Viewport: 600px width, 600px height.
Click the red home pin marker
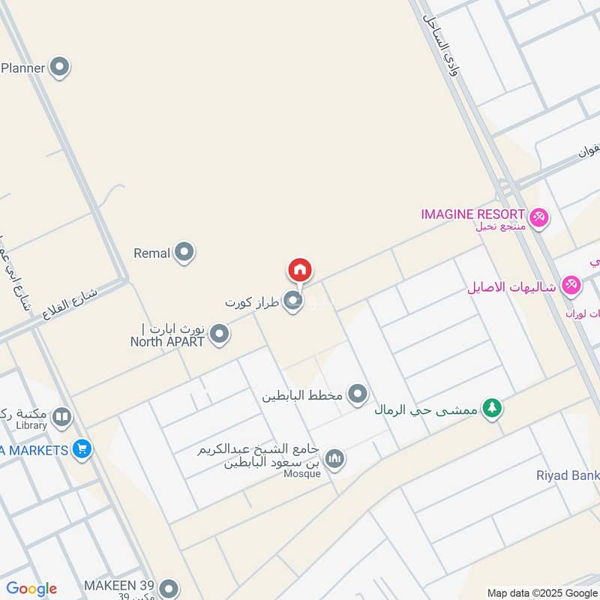pos(299,270)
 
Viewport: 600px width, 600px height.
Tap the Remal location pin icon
pos(184,253)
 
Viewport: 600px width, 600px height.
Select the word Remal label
pos(152,253)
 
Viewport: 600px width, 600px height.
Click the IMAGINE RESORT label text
pos(472,214)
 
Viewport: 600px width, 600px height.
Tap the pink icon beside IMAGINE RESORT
pos(538,218)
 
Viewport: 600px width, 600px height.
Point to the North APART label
pos(167,341)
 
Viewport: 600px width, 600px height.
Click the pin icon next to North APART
pos(219,334)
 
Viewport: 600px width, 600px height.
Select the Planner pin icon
pos(59,68)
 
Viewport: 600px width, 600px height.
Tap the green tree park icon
pos(492,409)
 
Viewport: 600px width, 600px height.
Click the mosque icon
pos(334,458)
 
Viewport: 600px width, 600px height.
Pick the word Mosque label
pos(302,473)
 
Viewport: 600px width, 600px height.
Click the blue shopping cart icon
pos(82,450)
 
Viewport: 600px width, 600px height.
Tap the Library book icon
pos(62,417)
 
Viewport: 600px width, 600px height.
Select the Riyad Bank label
pos(568,475)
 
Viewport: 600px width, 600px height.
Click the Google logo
pos(31,589)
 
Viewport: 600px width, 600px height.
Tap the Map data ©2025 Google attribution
pos(542,592)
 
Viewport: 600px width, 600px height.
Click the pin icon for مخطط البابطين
pos(358,394)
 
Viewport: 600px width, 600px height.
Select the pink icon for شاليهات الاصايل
pos(571,286)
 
